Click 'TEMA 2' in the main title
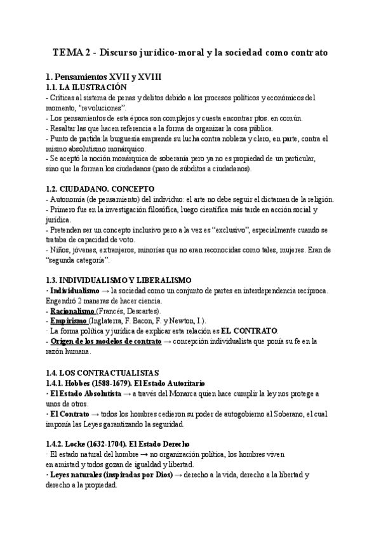[x=66, y=53]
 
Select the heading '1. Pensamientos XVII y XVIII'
[x=104, y=77]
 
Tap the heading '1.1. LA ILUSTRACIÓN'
[x=87, y=87]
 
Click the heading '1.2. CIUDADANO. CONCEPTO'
[x=100, y=188]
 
